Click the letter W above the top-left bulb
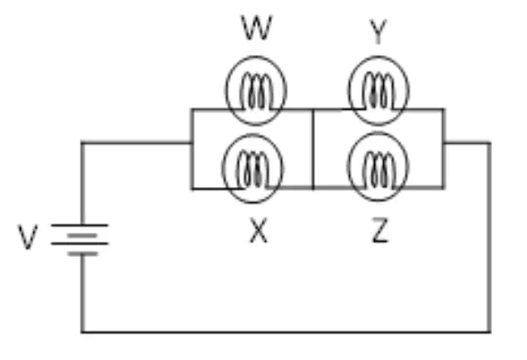tap(257, 27)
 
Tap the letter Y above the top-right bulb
tap(378, 32)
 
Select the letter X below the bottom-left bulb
tap(259, 230)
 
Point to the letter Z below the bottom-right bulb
tap(380, 230)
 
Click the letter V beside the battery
tap(27, 237)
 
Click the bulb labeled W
tap(256, 91)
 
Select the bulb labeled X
tap(253, 169)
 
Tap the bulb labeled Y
tap(378, 91)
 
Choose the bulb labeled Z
tap(378, 166)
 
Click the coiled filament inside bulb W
tap(257, 91)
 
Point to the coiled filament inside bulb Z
tap(378, 170)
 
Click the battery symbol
tap(80, 239)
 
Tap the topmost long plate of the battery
tap(80, 224)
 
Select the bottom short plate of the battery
tap(82, 254)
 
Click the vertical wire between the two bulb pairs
tap(313, 149)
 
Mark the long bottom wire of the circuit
tap(286, 332)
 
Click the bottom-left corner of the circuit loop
tap(82, 332)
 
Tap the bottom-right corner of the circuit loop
tap(490, 332)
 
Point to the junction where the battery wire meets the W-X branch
tap(192, 143)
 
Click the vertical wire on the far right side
tap(490, 238)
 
